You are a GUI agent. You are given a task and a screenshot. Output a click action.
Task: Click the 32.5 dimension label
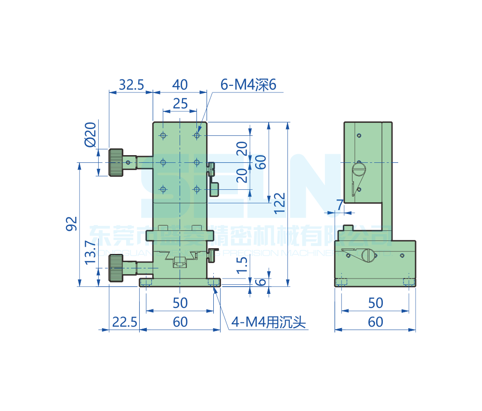(x=131, y=85)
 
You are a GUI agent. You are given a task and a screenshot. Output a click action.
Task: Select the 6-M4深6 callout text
(x=248, y=85)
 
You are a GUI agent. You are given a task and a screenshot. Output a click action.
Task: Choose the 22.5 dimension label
(x=124, y=321)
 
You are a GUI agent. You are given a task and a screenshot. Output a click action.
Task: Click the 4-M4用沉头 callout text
(x=269, y=321)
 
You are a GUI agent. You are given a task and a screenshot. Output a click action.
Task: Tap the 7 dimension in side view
(x=340, y=205)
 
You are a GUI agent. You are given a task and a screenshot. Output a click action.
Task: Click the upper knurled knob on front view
(x=116, y=162)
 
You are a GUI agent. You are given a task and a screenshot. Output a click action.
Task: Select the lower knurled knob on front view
(x=116, y=268)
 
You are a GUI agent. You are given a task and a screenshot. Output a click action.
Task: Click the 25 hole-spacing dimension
(x=180, y=103)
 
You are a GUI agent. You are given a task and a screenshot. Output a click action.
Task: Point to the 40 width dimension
(x=180, y=85)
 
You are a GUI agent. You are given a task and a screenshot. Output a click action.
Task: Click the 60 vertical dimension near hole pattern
(x=261, y=162)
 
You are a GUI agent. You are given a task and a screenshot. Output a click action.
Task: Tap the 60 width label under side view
(x=375, y=321)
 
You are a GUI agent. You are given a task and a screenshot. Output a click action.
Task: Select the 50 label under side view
(x=375, y=303)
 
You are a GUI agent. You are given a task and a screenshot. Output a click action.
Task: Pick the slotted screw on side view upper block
(x=359, y=169)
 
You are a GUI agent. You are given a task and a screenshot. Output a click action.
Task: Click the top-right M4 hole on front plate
(x=197, y=135)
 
